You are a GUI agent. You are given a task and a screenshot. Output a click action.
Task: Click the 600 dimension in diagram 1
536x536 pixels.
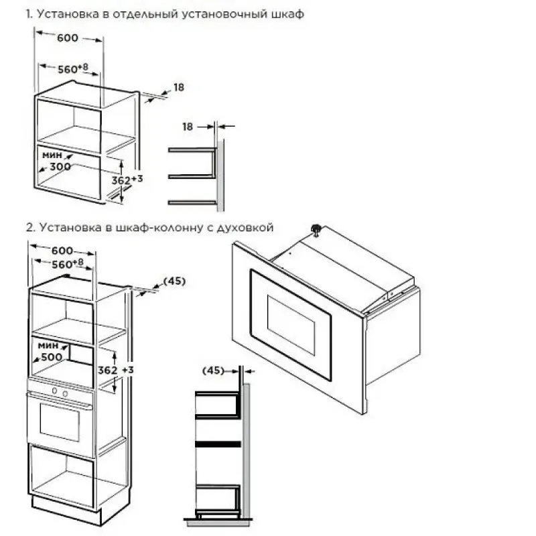[68, 38]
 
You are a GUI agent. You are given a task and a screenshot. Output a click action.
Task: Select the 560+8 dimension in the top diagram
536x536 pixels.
[73, 68]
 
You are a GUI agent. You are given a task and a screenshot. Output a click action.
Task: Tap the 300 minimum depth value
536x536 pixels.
[60, 166]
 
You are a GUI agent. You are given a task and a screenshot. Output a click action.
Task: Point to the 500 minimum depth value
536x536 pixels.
[52, 357]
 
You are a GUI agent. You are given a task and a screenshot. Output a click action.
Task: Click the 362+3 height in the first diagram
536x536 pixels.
[127, 180]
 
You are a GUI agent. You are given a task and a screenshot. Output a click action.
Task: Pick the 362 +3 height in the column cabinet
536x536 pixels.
[115, 370]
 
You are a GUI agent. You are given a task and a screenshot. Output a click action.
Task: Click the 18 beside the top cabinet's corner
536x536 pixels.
[179, 88]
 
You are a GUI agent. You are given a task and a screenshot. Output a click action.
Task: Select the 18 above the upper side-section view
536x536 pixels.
[188, 127]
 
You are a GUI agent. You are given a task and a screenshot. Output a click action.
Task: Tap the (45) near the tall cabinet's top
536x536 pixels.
[174, 281]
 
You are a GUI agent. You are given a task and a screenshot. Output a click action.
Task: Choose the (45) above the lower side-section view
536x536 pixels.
[213, 371]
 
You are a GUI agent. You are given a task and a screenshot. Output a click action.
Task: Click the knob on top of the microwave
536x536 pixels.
[316, 229]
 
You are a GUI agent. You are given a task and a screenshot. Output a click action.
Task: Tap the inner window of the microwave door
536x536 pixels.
[291, 325]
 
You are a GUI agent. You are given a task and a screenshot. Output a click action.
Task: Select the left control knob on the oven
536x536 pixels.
[55, 391]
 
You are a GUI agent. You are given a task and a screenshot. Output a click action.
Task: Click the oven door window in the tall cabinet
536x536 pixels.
[60, 422]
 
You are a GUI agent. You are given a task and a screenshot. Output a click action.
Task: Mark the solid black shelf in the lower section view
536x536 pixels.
[218, 444]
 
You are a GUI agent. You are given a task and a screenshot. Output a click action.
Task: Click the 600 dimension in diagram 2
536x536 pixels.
[62, 251]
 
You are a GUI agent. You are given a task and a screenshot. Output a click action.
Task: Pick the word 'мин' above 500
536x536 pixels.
[48, 345]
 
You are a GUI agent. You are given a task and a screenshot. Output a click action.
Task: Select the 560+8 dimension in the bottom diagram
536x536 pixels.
[68, 263]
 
